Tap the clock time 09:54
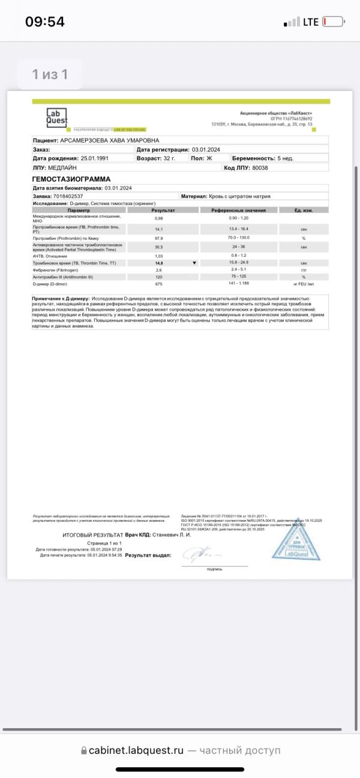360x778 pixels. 44,22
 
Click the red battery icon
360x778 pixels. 333,22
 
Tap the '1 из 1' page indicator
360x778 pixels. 50,74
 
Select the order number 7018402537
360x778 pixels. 68,196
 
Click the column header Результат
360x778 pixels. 163,211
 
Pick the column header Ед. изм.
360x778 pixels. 304,211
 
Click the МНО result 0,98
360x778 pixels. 159,218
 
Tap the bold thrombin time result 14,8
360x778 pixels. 159,263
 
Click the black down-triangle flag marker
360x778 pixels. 194,263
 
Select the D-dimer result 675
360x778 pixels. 159,284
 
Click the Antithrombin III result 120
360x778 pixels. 159,277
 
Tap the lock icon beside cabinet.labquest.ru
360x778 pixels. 83,750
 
